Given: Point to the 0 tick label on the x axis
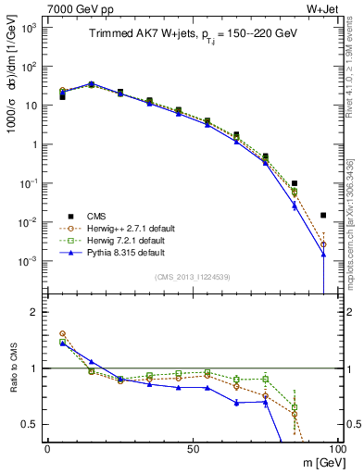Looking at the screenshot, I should [47, 449].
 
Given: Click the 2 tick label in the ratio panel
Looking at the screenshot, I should [35, 312].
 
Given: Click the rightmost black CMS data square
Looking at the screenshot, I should [323, 215].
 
